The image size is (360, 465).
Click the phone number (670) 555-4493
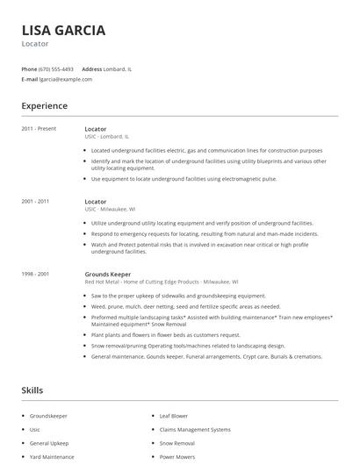[x=57, y=68]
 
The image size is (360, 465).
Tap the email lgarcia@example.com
[x=66, y=79]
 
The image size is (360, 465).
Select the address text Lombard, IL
[x=119, y=68]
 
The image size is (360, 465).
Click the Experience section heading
[x=44, y=106]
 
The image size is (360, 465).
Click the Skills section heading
[x=32, y=389]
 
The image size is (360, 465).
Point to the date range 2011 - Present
[x=39, y=129]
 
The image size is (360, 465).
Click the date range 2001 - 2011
[x=35, y=201]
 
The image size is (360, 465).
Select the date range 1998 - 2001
[x=35, y=274]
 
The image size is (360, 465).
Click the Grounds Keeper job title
[x=107, y=274]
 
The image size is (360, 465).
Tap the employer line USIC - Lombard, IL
[x=107, y=137]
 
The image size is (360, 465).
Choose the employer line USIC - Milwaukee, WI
[x=110, y=210]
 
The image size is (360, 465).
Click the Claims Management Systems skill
[x=195, y=430]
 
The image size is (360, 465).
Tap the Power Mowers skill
[x=176, y=458]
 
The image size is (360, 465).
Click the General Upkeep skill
[x=49, y=444]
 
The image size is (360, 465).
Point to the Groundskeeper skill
[x=48, y=416]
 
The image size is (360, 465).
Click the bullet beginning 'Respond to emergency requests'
[x=204, y=235]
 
